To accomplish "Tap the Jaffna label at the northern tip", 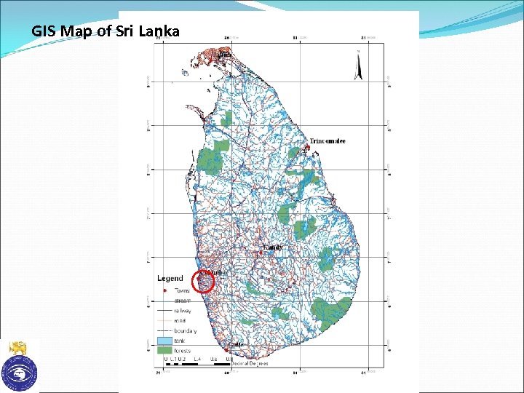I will (x=223, y=54).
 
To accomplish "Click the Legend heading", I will (x=171, y=278).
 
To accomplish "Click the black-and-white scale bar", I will (x=196, y=362).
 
